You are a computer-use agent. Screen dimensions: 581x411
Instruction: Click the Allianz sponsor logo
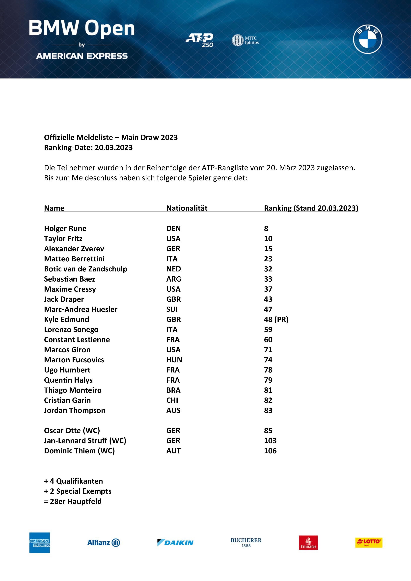click(x=104, y=543)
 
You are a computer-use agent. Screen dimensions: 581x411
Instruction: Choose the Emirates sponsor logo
click(x=308, y=543)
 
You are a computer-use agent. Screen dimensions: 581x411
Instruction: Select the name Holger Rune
click(x=65, y=229)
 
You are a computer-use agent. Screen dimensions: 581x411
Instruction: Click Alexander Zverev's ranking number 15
click(x=268, y=249)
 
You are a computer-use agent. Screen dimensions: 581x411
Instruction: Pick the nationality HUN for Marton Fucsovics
click(x=174, y=360)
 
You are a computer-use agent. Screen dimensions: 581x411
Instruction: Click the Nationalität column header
click(x=187, y=208)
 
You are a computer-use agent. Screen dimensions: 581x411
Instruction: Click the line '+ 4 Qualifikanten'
click(x=73, y=481)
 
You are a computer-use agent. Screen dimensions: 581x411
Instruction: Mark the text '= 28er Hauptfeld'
click(x=73, y=501)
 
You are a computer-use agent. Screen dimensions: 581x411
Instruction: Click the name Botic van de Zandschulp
click(x=85, y=269)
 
